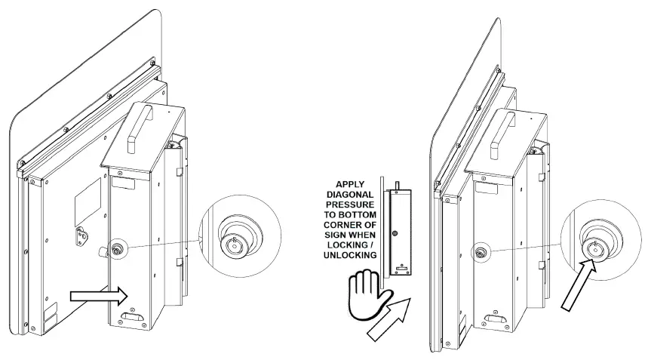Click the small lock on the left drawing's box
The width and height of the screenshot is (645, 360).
coord(118,249)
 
